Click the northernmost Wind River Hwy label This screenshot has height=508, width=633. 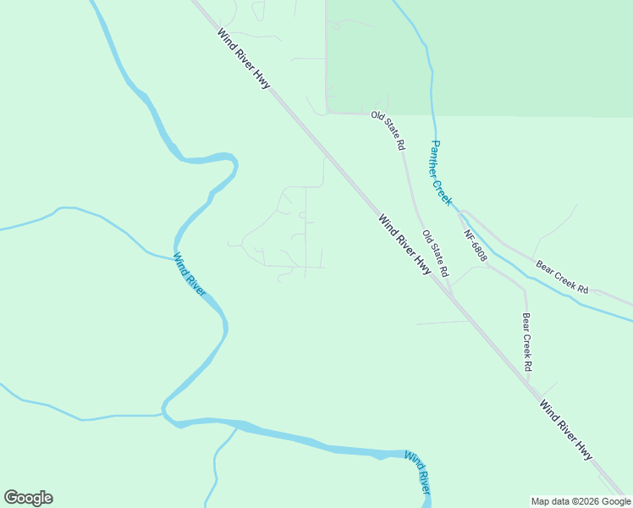[244, 60]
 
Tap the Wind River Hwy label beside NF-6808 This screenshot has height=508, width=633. [405, 246]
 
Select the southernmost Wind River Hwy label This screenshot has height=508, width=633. [565, 430]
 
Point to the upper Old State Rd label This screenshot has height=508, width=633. [388, 130]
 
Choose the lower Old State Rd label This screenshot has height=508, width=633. [434, 254]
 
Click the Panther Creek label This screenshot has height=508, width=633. [440, 173]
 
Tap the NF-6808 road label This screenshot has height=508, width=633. [475, 245]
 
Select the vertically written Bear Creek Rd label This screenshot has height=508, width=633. [526, 343]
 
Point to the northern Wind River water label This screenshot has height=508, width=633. [190, 274]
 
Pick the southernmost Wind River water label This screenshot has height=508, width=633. [418, 474]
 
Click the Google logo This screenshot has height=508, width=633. [28, 498]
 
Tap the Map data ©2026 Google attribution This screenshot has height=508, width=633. [581, 501]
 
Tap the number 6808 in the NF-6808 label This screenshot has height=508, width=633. [478, 249]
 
